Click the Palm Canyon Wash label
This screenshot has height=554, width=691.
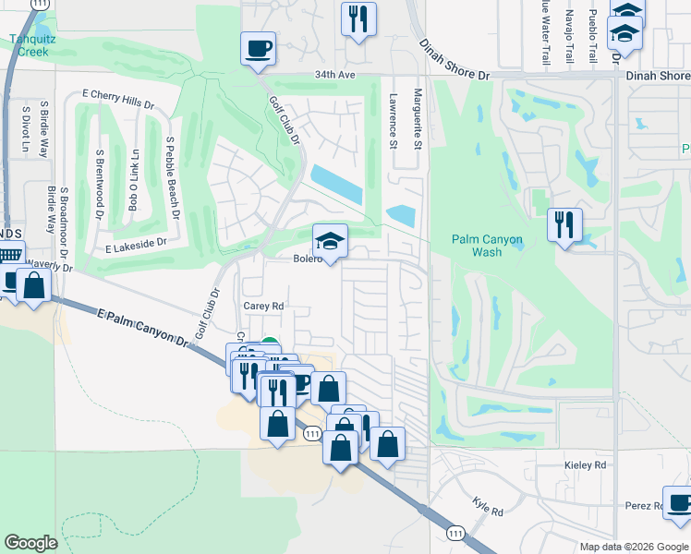click(x=487, y=246)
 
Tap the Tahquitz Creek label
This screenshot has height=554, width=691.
click(x=29, y=45)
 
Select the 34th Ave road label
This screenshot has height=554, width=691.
click(x=333, y=75)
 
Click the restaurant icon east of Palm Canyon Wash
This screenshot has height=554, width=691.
click(x=564, y=224)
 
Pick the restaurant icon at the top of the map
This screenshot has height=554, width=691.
click(x=358, y=19)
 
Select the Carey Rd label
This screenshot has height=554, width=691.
click(x=263, y=306)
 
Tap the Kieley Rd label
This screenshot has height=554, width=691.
click(x=585, y=465)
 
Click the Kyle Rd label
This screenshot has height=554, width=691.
click(x=487, y=507)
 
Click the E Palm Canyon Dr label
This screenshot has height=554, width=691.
click(x=142, y=328)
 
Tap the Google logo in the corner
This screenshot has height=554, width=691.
click(x=30, y=543)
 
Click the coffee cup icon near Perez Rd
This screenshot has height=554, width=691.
click(x=679, y=504)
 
